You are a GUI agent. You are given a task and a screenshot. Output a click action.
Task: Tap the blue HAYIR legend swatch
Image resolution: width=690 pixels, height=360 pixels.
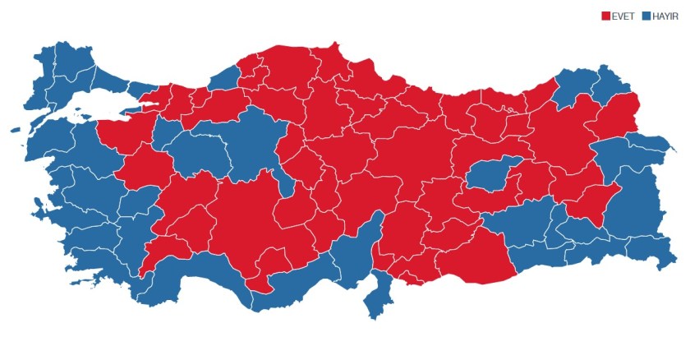pos(646,16)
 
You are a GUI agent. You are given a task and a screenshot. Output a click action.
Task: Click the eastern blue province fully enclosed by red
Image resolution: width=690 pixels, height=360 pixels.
pos(490,176)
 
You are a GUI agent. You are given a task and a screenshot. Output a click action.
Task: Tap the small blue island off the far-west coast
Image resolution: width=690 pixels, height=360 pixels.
pos(16,130)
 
